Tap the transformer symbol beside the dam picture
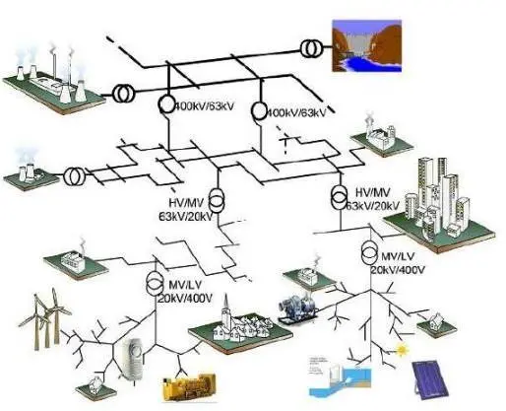tap(310, 47)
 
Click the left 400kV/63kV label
tap(205, 106)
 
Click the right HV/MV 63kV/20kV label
tap(374, 198)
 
